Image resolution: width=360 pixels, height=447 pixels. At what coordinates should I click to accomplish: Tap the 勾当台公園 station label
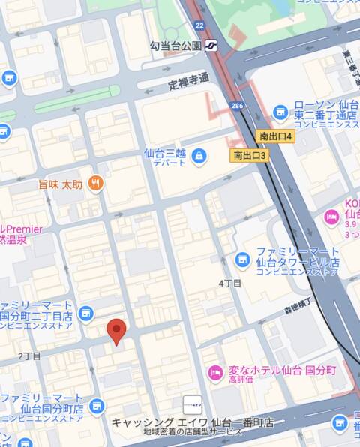coord(175,46)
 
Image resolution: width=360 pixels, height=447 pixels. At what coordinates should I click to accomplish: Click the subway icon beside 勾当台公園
coord(211,46)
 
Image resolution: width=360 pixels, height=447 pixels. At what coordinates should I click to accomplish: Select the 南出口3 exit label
coord(250,155)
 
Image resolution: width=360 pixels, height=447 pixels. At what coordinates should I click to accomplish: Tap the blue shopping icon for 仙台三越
coord(199,156)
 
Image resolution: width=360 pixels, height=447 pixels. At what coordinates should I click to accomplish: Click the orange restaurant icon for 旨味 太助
coord(94,182)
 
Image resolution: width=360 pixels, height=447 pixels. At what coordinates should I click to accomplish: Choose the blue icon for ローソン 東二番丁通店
coord(280,112)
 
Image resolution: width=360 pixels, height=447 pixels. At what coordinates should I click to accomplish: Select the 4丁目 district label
coord(229,283)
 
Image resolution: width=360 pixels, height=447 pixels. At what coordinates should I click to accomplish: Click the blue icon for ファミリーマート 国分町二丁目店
coord(85,313)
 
